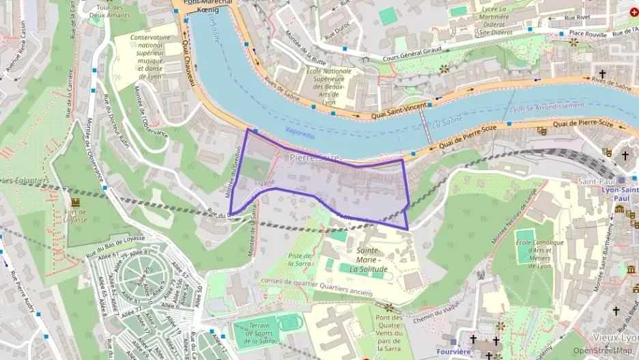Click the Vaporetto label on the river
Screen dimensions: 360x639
300,135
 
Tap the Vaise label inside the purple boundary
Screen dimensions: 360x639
267,184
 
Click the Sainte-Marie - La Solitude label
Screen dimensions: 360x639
372,260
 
